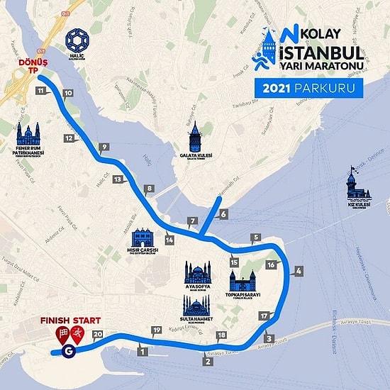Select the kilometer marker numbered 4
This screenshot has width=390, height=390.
[x=299, y=271]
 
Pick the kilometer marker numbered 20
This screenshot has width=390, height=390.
[x=98, y=335]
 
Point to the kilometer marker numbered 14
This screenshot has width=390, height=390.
[x=169, y=240]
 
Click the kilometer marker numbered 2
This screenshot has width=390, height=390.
[x=208, y=362]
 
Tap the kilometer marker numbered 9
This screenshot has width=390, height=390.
[x=104, y=147]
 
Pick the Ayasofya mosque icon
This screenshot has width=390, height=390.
[x=197, y=273]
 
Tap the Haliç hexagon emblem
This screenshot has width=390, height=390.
[x=77, y=40]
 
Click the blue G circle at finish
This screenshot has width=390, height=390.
[x=69, y=350]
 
